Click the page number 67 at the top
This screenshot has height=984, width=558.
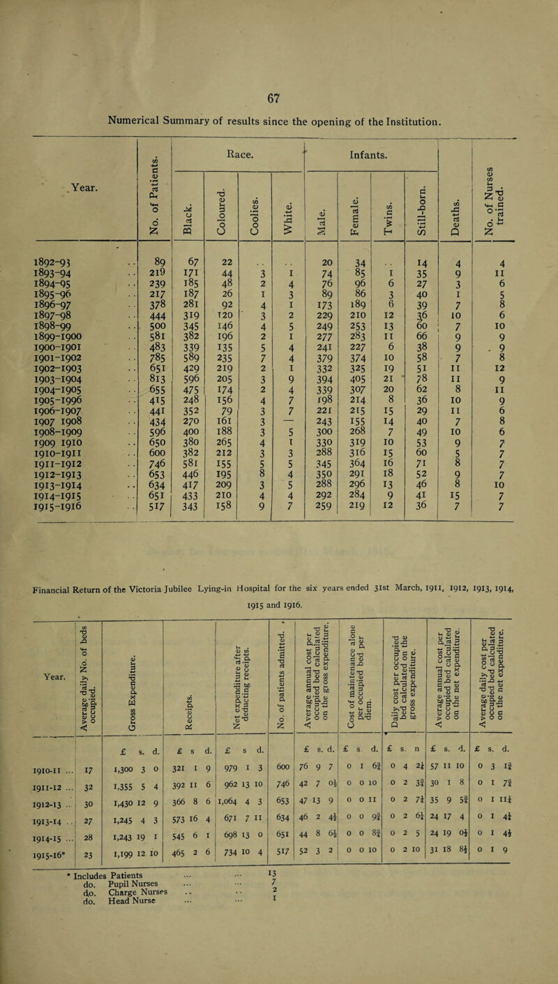coord(278,20)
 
